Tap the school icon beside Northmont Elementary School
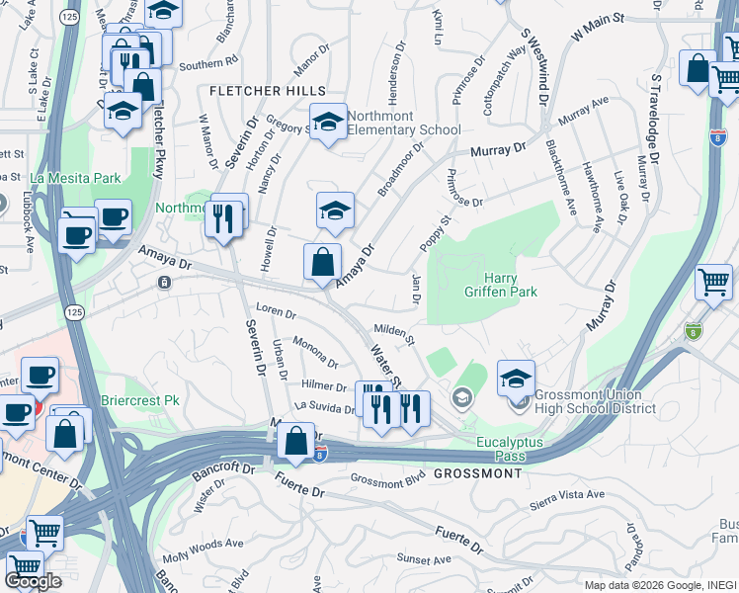[x=329, y=123]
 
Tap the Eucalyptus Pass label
[x=511, y=449]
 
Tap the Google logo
[x=33, y=581]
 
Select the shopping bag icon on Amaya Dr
[x=323, y=264]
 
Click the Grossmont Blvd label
[x=386, y=479]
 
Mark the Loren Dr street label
[x=277, y=312]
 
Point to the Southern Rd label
[x=208, y=63]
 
